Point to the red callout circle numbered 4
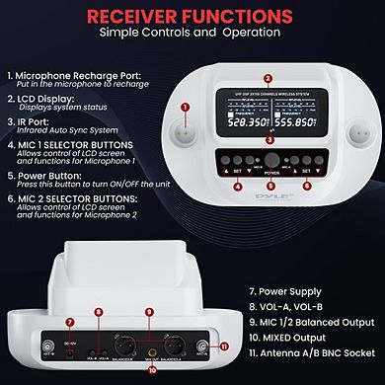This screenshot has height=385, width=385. click(x=237, y=185)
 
